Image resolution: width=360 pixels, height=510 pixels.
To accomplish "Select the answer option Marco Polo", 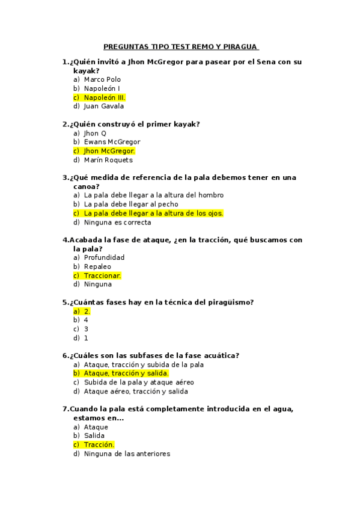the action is [x=102, y=79].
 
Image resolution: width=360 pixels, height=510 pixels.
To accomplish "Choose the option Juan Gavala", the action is [x=104, y=106].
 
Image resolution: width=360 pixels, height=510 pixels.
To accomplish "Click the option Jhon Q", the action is [x=95, y=133].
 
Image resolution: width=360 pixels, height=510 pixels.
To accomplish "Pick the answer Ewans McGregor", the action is [x=112, y=142].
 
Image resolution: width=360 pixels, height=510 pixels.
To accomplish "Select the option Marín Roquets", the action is [x=108, y=160].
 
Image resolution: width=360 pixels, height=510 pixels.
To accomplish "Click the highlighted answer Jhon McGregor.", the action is [x=109, y=151].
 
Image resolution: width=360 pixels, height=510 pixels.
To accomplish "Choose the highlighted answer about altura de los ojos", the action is [x=153, y=213].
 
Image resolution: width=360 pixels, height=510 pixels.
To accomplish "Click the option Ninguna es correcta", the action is [x=117, y=222].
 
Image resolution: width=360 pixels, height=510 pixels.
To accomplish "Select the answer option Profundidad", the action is [x=104, y=257].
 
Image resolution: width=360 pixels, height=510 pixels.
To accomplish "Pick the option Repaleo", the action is [x=97, y=266].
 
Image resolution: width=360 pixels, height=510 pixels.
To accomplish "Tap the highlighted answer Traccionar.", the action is [x=102, y=275].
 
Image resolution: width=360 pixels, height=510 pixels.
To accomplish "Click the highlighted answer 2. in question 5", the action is [x=87, y=311].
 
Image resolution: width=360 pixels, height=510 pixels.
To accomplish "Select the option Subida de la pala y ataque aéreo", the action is [x=139, y=382].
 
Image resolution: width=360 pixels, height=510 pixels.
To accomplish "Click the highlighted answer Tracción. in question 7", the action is [x=99, y=444].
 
